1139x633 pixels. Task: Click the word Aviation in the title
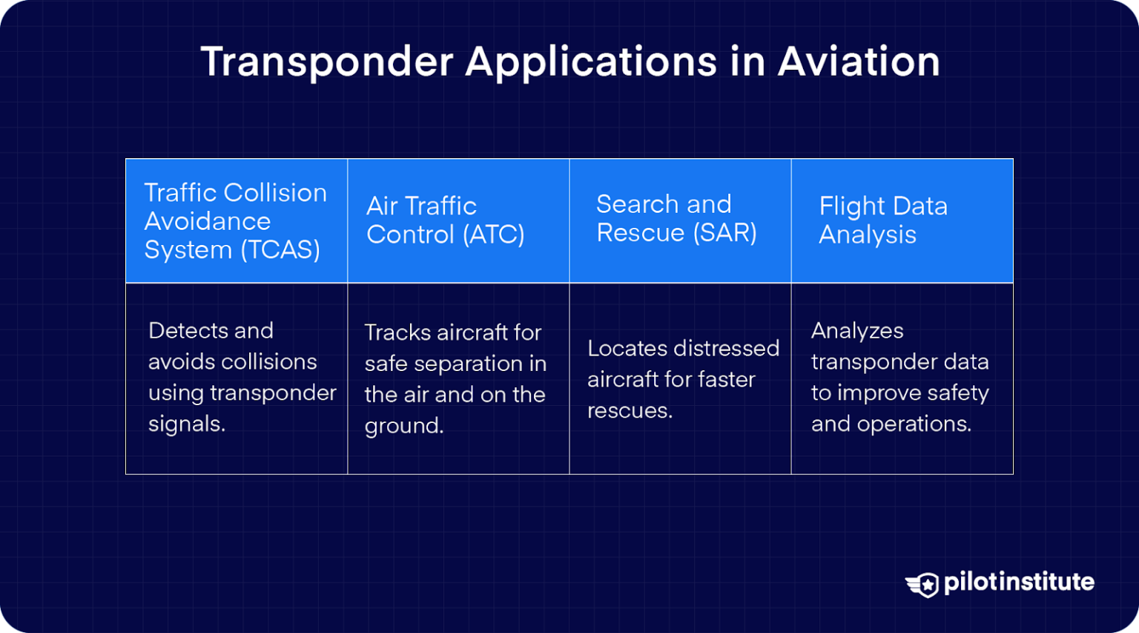tap(859, 62)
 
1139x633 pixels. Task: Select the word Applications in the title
tap(591, 63)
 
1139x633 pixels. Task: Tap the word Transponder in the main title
tap(326, 62)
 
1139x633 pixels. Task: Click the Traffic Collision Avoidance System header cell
tap(236, 221)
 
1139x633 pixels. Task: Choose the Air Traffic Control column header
tap(458, 221)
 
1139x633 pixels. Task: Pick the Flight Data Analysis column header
tap(902, 221)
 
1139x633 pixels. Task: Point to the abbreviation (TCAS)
tap(280, 250)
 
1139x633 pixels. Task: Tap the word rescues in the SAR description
tap(630, 411)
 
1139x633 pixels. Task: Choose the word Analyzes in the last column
tap(857, 331)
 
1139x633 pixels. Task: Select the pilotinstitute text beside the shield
tap(1019, 583)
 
